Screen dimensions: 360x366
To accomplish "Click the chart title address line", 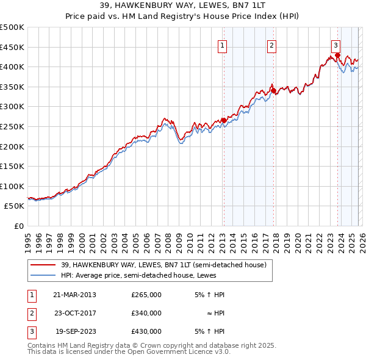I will point(183,5).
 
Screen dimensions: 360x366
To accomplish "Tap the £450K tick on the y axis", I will point(12,47).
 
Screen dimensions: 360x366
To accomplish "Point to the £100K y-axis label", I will point(12,186).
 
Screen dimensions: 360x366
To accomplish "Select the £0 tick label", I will point(18,226).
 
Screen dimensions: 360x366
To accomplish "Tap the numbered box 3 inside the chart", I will point(335,45).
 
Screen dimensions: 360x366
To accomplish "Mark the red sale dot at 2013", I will point(224,121).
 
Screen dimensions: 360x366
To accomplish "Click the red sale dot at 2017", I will point(273,91).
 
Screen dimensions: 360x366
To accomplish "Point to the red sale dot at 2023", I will point(337,56).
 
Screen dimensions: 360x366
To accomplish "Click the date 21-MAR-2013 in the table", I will point(74,295).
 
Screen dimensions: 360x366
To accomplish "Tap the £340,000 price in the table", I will point(146,313).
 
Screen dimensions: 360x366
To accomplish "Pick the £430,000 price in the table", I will point(146,331).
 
